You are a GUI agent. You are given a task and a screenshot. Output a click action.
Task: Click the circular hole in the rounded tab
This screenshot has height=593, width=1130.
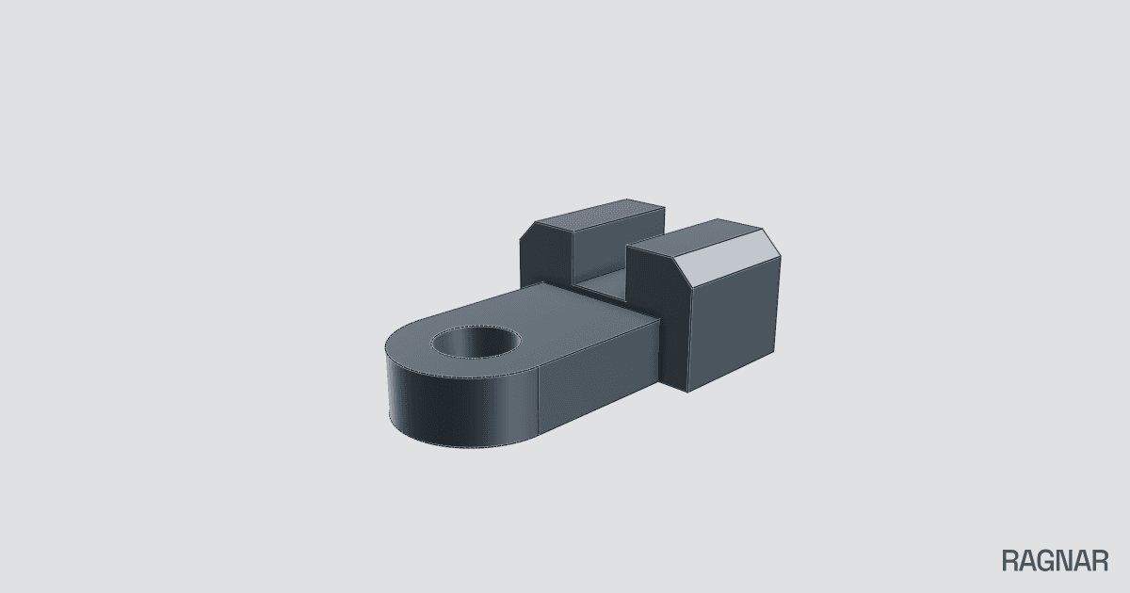point(476,342)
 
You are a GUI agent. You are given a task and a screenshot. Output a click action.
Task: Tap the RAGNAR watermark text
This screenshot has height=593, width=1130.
point(1055,561)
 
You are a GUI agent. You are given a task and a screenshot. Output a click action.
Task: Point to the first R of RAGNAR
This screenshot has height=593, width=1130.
point(1009,561)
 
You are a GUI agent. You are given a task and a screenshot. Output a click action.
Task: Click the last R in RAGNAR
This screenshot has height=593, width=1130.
point(1100,561)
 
